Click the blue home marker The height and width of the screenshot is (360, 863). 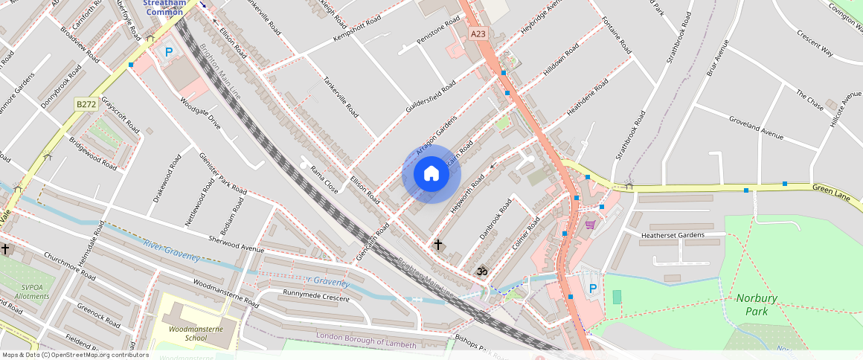[x=431, y=174]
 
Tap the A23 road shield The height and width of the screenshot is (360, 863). [x=478, y=33]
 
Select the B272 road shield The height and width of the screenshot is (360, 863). [x=86, y=105]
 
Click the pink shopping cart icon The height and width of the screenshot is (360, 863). [x=590, y=225]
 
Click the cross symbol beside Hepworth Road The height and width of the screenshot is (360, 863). [x=438, y=244]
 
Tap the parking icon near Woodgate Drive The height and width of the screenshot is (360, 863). [x=169, y=52]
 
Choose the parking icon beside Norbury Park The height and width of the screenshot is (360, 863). [x=592, y=288]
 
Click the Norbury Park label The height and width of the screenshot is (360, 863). [x=757, y=304]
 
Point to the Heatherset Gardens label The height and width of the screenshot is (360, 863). [x=672, y=235]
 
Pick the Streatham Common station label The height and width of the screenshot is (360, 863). [x=165, y=7]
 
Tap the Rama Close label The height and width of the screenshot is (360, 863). [x=324, y=180]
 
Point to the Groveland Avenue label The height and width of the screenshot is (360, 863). [x=756, y=127]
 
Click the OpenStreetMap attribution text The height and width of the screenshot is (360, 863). [x=76, y=355]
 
